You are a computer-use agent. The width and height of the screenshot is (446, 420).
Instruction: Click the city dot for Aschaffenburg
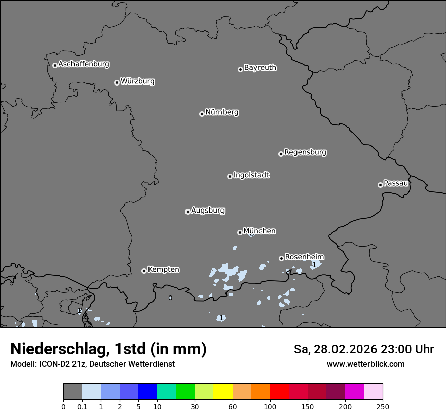click(x=55, y=65)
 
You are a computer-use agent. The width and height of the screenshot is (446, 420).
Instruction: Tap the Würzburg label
click(x=137, y=81)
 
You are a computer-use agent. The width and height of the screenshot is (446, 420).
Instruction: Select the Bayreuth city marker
click(x=240, y=69)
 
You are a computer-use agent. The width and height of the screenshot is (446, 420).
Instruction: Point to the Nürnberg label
click(x=222, y=112)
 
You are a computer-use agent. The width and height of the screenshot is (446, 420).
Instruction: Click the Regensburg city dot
click(x=281, y=154)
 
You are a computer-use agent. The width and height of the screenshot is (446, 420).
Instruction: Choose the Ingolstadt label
click(x=251, y=175)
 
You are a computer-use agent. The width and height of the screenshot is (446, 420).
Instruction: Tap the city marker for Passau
click(x=380, y=185)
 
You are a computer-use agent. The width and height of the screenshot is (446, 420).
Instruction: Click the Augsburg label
click(x=208, y=211)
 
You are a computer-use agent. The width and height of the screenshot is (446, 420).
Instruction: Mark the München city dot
click(x=240, y=232)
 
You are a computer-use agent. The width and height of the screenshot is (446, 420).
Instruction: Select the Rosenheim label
click(x=304, y=257)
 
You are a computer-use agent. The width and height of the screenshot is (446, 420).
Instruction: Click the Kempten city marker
click(x=144, y=271)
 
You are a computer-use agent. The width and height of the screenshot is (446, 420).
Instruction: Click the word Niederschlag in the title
click(x=58, y=349)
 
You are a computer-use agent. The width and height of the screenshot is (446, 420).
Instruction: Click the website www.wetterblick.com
click(x=366, y=364)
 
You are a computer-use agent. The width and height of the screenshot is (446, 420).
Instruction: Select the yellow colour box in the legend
click(x=223, y=392)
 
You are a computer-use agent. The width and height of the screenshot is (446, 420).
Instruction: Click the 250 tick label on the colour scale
click(x=383, y=406)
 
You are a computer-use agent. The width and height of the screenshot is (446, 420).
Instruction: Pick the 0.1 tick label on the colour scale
click(x=82, y=406)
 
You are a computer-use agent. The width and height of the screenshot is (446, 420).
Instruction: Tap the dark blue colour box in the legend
click(x=147, y=392)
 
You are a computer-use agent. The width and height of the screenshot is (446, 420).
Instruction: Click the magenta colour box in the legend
click(x=354, y=392)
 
